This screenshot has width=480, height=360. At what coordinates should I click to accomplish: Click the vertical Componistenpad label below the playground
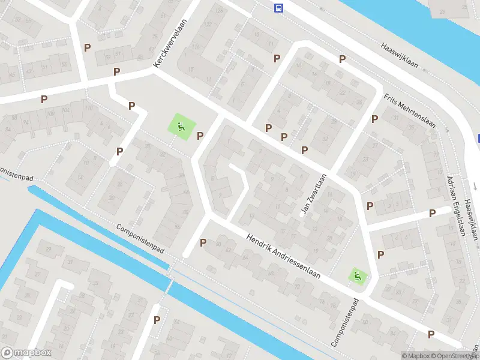click(x=346, y=322)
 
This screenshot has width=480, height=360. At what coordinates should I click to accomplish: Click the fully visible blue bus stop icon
click(x=278, y=8)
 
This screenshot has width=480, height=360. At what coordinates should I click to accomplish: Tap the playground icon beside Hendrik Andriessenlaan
click(x=358, y=277)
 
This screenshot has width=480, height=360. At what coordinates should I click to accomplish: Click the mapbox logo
click(x=26, y=353)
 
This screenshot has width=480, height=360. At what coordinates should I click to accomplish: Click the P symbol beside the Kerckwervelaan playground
click(x=200, y=135)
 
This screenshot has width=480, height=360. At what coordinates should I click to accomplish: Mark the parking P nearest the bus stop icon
click(x=277, y=58)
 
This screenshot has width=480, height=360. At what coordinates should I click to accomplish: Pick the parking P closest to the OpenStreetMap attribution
click(x=431, y=334)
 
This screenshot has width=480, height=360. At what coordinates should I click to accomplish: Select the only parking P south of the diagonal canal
click(x=157, y=320)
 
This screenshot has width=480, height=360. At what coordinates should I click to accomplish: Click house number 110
click(x=89, y=108)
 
